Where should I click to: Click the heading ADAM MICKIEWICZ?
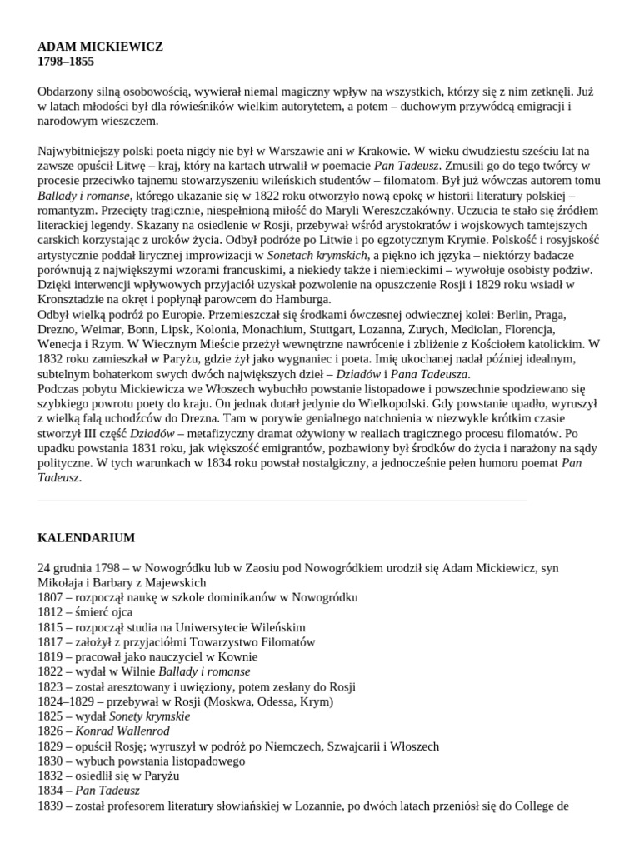click(x=101, y=47)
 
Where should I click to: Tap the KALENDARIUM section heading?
click(x=86, y=538)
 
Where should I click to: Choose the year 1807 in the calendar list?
click(x=50, y=597)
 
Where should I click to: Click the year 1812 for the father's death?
click(x=50, y=612)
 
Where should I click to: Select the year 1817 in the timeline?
click(x=50, y=642)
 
